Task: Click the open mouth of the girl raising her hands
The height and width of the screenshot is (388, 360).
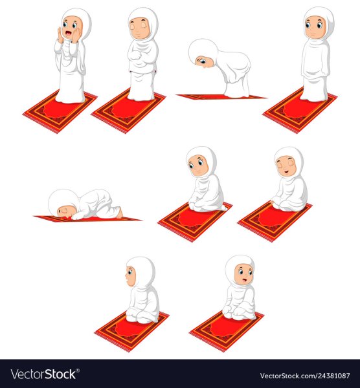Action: point(68,33)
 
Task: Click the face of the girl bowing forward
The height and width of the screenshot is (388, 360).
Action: point(205,62)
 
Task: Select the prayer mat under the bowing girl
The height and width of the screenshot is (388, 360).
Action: point(221,96)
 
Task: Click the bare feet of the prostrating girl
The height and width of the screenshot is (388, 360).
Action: point(120,213)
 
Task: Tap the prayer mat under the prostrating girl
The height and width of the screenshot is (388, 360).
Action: point(87,219)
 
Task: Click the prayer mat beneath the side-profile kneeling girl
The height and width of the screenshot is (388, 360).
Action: point(132,332)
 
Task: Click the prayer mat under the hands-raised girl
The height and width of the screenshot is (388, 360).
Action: point(60,112)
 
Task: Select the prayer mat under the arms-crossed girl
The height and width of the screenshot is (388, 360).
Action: point(129,111)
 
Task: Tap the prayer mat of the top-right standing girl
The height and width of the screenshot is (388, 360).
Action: point(300,111)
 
